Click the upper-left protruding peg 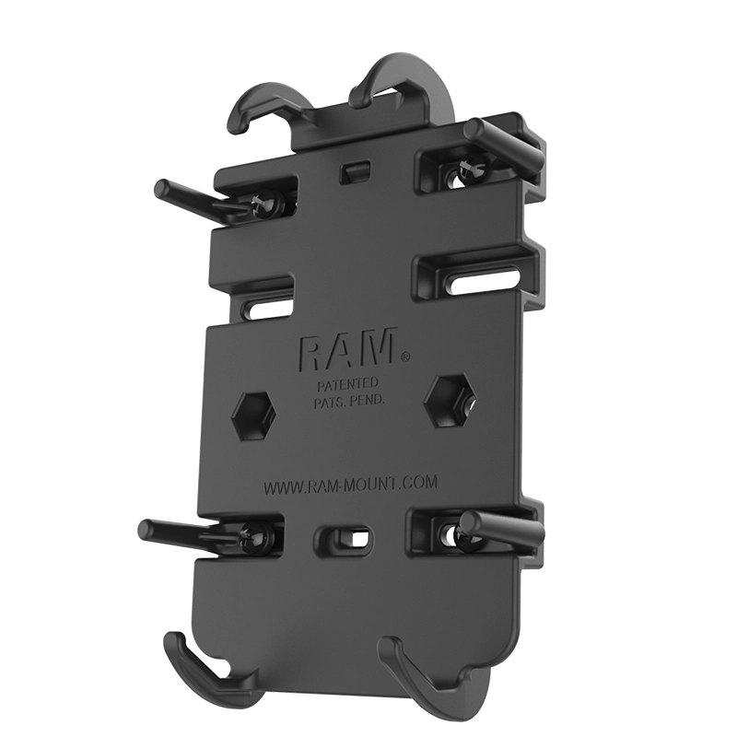(193, 197)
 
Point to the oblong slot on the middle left (268, 306)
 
